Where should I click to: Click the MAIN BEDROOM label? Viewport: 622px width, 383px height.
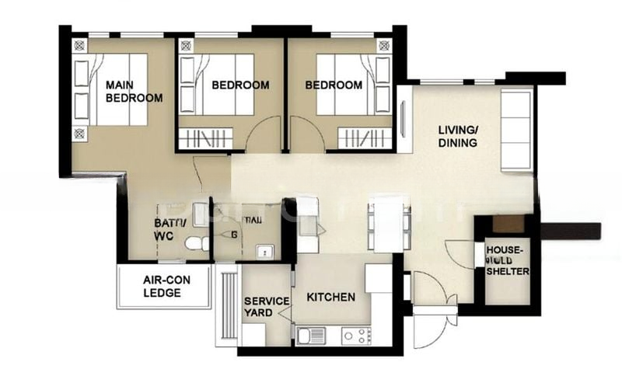click(x=134, y=91)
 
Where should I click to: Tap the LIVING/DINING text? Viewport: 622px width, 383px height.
click(x=456, y=137)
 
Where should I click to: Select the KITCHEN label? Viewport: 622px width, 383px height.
click(x=330, y=297)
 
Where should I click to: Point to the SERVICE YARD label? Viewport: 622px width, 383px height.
click(x=266, y=307)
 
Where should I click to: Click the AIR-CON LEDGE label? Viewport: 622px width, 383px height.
click(x=162, y=286)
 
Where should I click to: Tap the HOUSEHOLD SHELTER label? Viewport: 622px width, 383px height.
click(x=507, y=261)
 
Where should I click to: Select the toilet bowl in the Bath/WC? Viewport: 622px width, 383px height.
click(x=195, y=243)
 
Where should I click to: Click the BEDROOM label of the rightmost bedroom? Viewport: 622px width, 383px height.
click(x=334, y=85)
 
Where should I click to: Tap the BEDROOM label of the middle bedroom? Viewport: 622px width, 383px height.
click(x=240, y=85)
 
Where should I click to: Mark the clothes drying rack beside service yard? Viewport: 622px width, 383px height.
click(x=227, y=306)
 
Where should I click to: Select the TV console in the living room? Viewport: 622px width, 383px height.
click(x=404, y=120)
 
